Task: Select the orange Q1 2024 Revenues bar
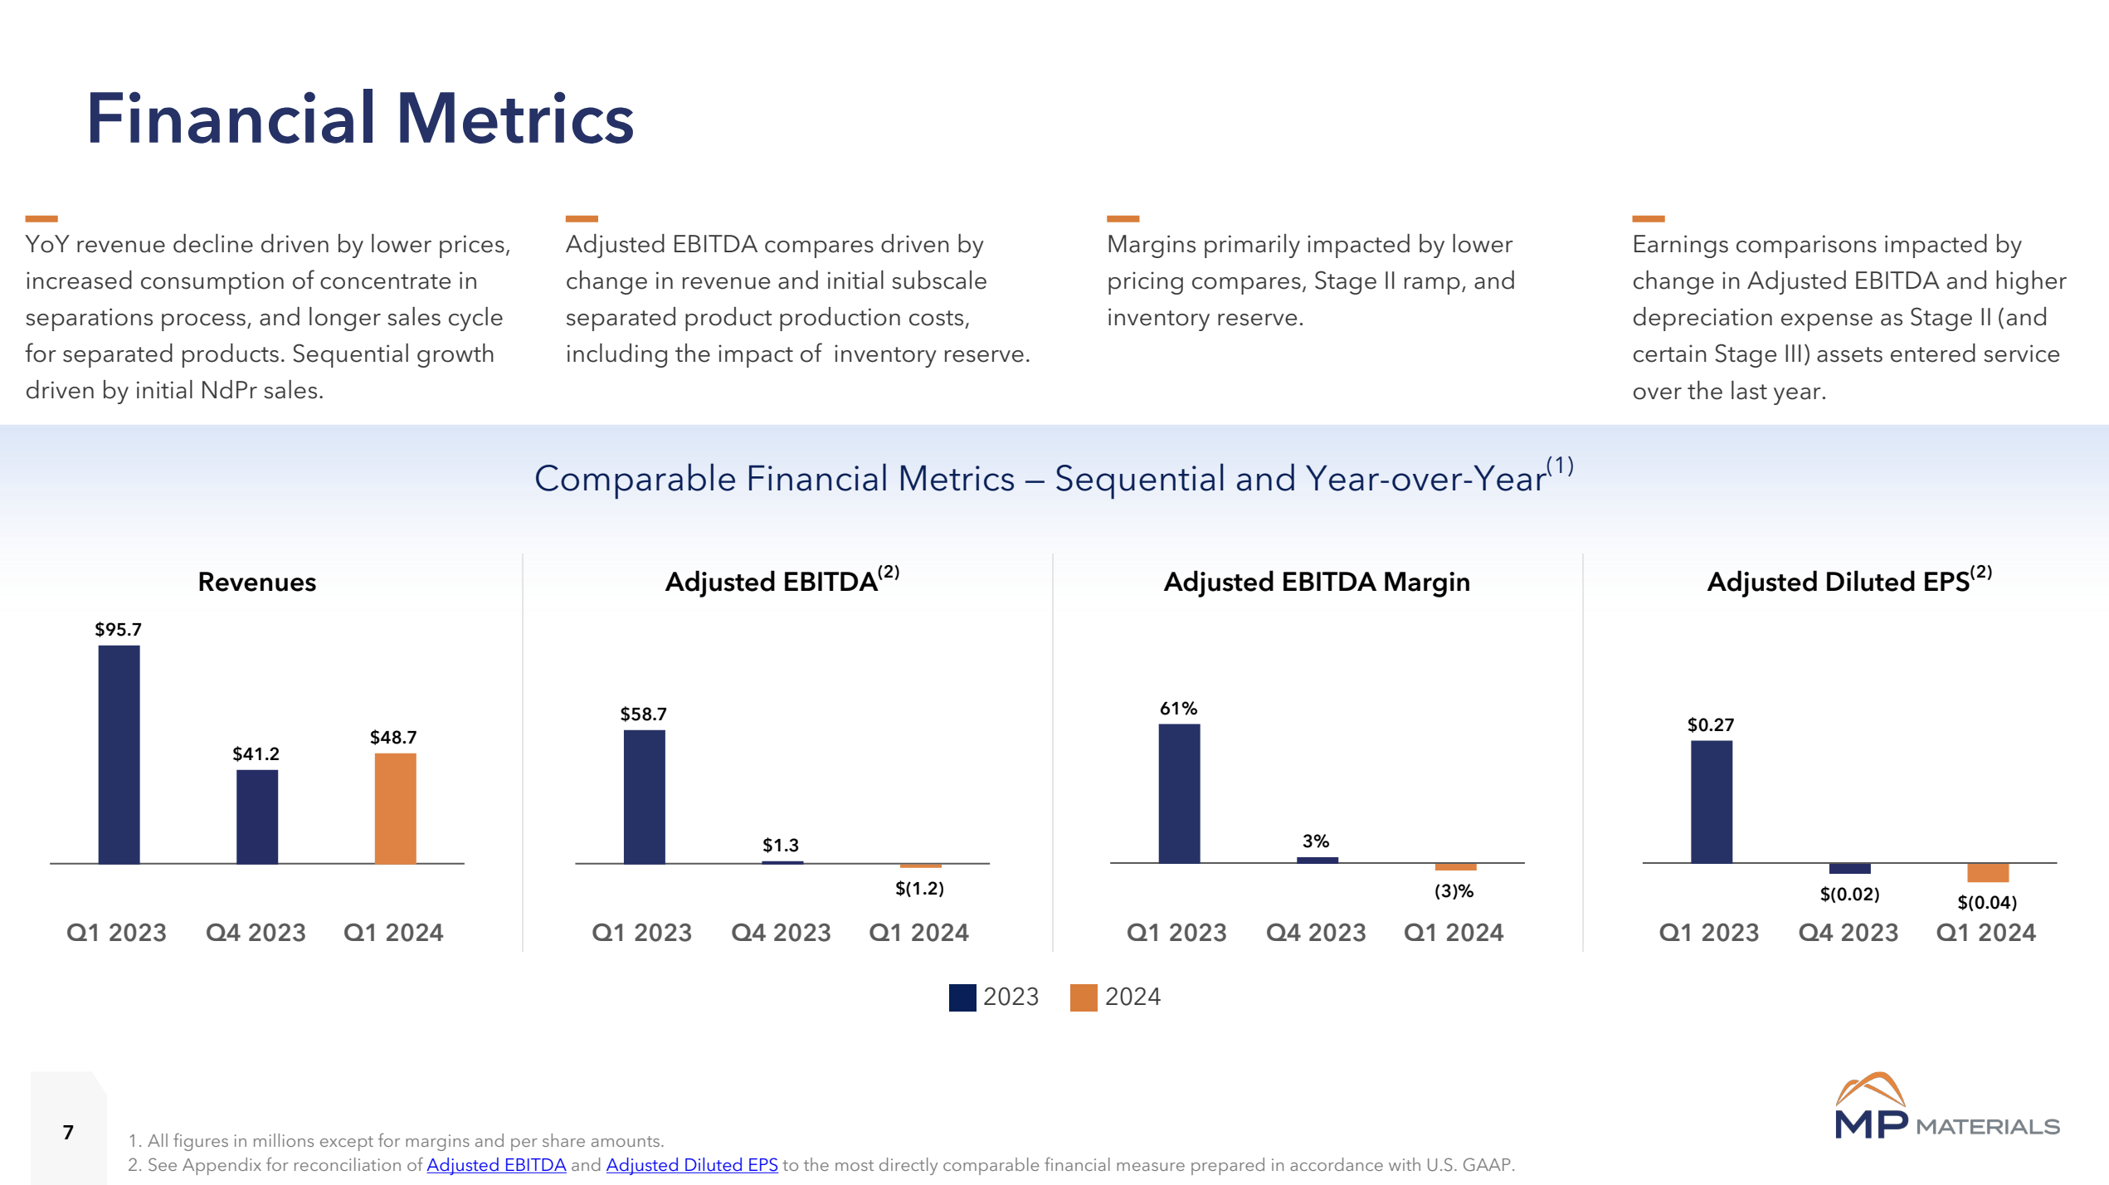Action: tap(395, 808)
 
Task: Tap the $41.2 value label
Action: tap(256, 753)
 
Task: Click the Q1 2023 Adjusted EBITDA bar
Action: tap(644, 797)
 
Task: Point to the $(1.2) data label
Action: tap(919, 889)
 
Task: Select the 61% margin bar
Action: tap(1179, 793)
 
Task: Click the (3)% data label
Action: tap(1454, 891)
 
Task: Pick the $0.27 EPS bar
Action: tap(1712, 802)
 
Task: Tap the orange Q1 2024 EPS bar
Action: tap(1988, 873)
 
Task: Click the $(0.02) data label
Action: tap(1850, 895)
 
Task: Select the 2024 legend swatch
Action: tap(1084, 997)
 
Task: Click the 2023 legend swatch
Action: tap(962, 997)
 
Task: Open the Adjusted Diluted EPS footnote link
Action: tap(692, 1165)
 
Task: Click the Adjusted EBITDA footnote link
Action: tap(496, 1165)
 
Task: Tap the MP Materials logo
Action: tap(1946, 1108)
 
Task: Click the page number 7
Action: tap(68, 1132)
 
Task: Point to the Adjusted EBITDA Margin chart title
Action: tap(1317, 582)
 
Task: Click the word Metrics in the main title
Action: tap(514, 119)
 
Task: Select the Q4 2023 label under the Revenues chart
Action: tap(256, 933)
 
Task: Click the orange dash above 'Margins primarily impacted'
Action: tap(1123, 219)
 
